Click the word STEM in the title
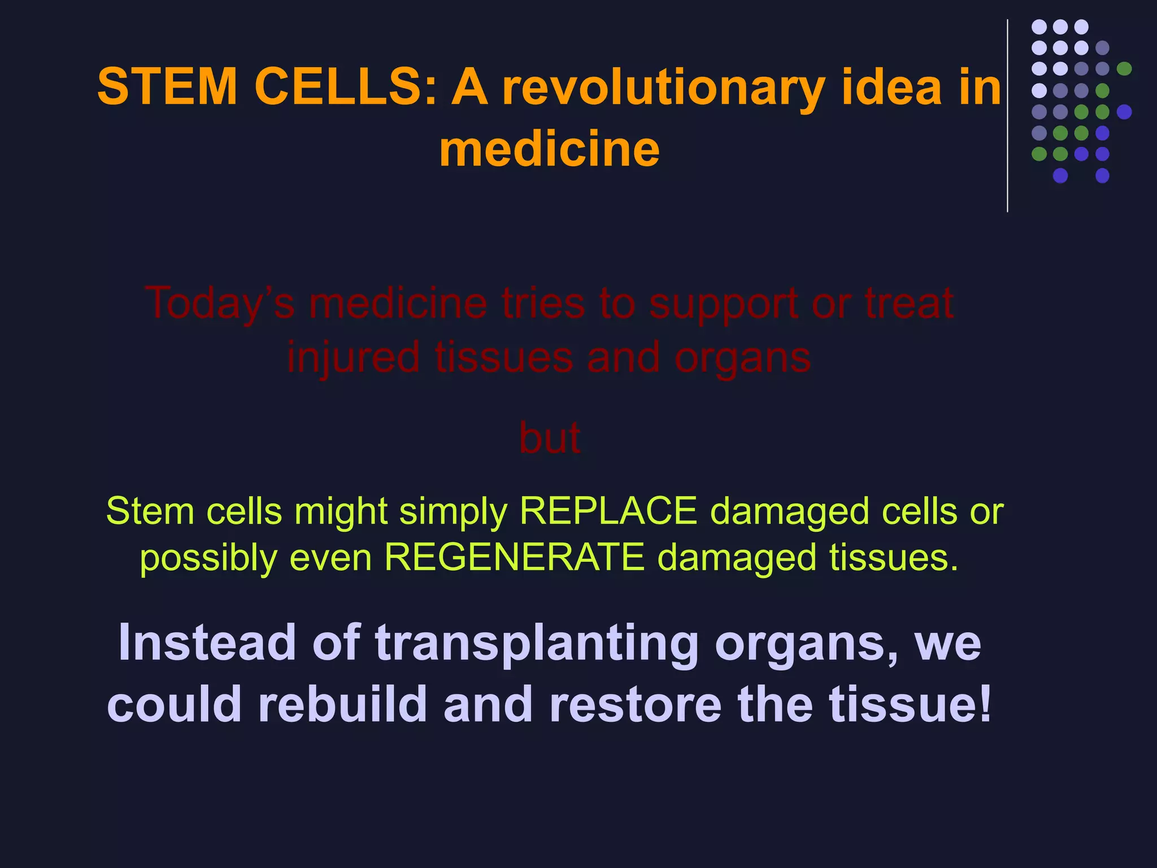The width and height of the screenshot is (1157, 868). click(x=167, y=87)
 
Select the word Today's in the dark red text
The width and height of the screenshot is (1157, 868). click(x=220, y=304)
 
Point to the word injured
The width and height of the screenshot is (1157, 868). click(x=353, y=358)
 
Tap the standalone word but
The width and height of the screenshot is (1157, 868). click(x=549, y=438)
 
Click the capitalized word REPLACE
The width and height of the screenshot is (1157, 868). click(x=608, y=511)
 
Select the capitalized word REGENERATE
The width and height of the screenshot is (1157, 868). click(x=514, y=558)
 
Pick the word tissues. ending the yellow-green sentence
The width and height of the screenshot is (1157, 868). click(x=894, y=558)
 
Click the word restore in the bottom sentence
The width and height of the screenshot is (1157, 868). click(x=635, y=705)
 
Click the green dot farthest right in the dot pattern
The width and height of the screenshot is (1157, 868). click(x=1124, y=69)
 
